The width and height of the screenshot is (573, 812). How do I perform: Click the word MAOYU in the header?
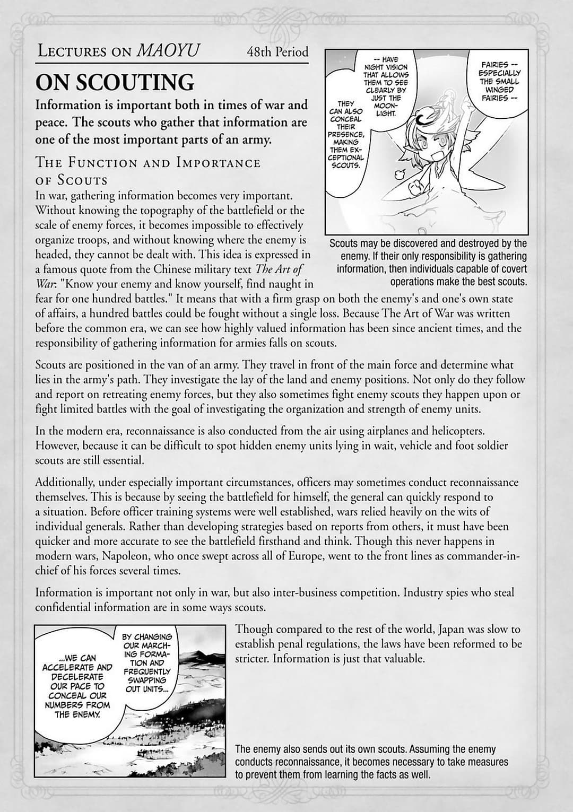click(x=168, y=50)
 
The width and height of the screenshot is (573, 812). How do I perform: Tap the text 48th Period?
click(x=277, y=52)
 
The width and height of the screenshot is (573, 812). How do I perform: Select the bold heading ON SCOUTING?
click(x=115, y=82)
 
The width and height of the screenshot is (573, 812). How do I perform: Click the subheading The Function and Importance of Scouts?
click(x=147, y=170)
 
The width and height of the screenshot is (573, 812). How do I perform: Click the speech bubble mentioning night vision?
click(x=386, y=85)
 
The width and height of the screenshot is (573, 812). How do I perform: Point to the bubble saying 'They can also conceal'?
click(x=346, y=134)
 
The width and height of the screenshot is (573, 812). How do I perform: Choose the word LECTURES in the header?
click(x=73, y=51)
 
